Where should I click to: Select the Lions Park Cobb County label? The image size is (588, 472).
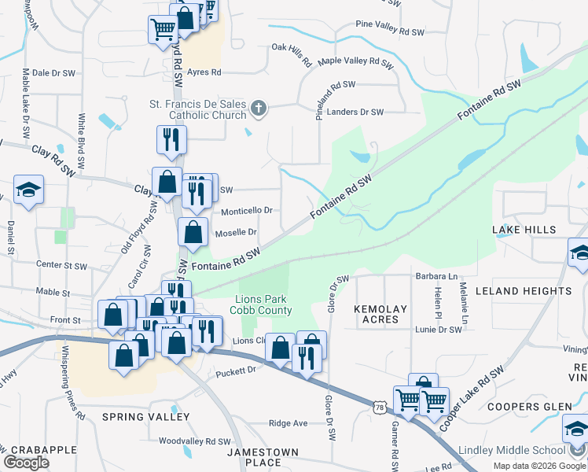264,304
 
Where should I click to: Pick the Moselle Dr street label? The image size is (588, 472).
236,232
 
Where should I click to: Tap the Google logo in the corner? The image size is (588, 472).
27,463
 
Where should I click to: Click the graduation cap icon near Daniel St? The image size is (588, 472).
28,190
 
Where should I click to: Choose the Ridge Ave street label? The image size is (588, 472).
288,423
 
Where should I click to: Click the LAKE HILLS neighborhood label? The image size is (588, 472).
524,230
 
